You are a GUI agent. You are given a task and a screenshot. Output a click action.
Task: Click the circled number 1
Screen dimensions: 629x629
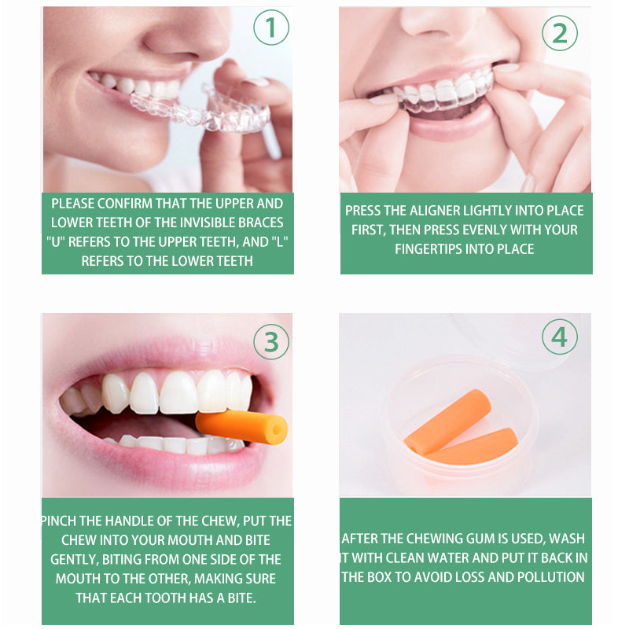(x=271, y=28)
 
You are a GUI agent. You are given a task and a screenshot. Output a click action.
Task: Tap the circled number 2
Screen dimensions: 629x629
(x=560, y=33)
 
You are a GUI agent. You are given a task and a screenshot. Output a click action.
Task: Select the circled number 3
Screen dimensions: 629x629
(x=271, y=342)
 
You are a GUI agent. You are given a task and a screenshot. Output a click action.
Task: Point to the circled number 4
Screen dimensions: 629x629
(x=560, y=337)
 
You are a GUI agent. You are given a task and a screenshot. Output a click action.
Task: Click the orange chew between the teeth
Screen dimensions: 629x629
(x=241, y=427)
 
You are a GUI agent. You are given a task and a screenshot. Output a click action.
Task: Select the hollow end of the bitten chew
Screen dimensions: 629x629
(x=277, y=431)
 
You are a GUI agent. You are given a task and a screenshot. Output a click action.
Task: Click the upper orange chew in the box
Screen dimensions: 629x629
(x=448, y=421)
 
